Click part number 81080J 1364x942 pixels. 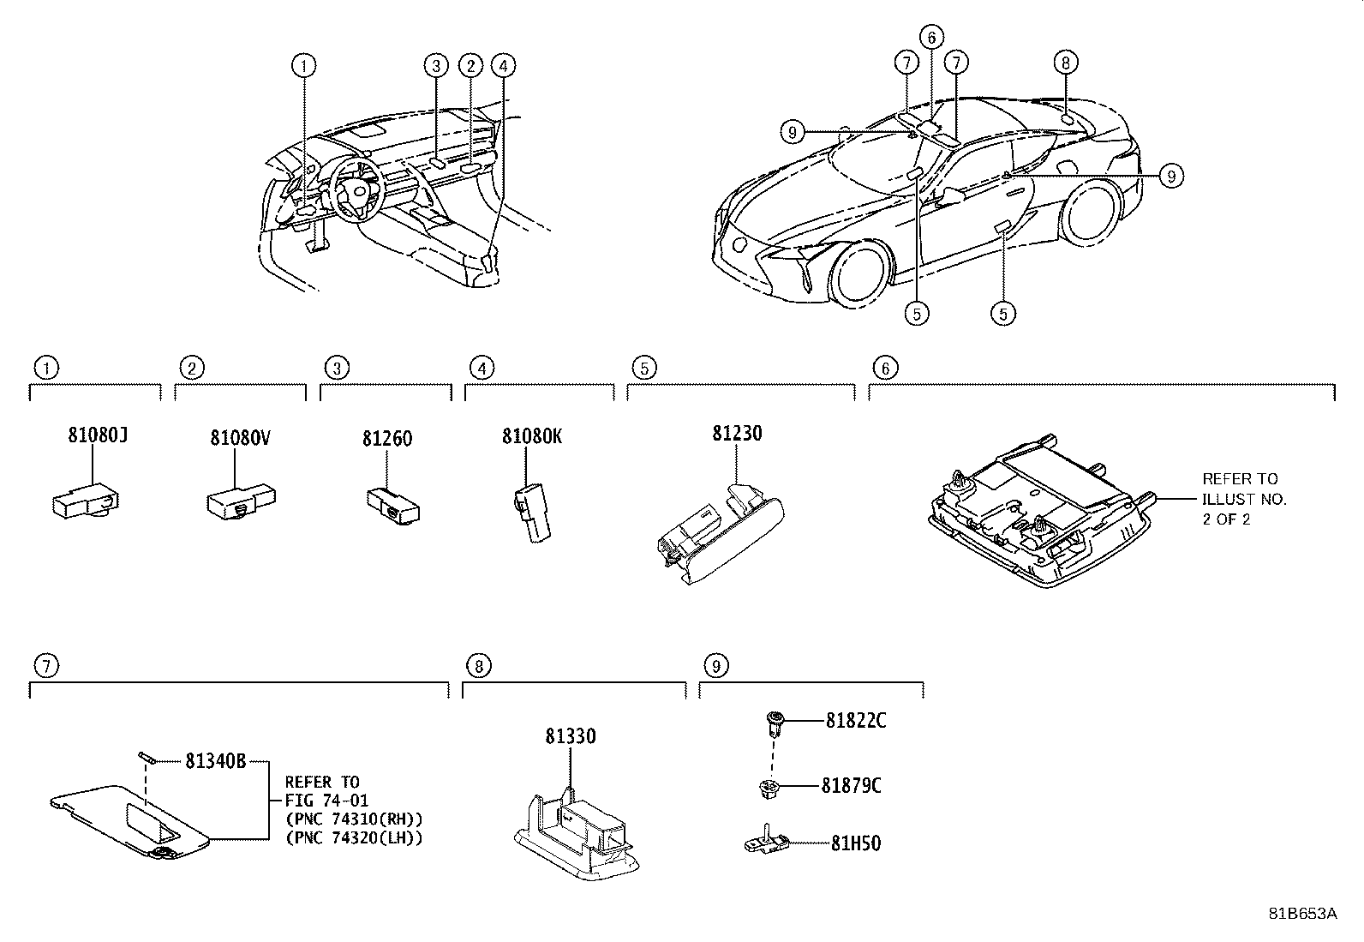click(x=98, y=435)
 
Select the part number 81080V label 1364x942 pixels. click(x=241, y=438)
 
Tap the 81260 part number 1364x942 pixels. click(x=386, y=439)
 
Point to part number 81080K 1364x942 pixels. click(x=532, y=436)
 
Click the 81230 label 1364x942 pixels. click(x=736, y=434)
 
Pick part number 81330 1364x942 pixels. click(x=570, y=736)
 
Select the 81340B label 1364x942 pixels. click(x=215, y=760)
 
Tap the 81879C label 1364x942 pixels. click(x=851, y=786)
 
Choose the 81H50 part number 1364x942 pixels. click(x=855, y=843)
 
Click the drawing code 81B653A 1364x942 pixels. click(x=1302, y=914)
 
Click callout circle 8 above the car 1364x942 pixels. click(x=1065, y=62)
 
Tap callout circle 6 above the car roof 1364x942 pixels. click(x=931, y=37)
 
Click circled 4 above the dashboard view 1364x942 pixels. click(x=504, y=65)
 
